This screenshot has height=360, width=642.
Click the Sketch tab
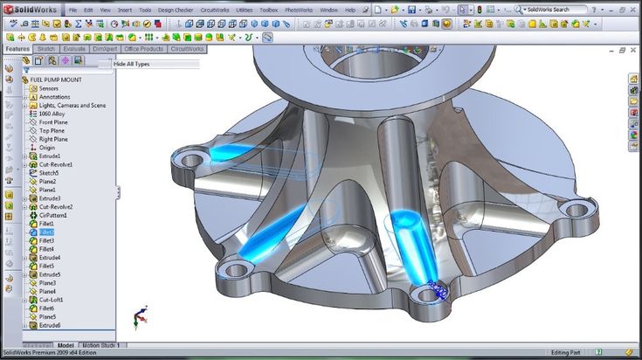pyautogui.click(x=45, y=49)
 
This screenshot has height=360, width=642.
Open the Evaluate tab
pyautogui.click(x=74, y=49)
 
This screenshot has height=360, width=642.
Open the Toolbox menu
pyautogui.click(x=269, y=10)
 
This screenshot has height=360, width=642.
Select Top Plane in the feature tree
pyautogui.click(x=53, y=130)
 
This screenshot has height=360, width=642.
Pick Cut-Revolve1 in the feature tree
pyautogui.click(x=56, y=164)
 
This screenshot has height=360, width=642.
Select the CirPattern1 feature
pyautogui.click(x=53, y=215)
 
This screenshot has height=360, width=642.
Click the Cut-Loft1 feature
pyautogui.click(x=52, y=300)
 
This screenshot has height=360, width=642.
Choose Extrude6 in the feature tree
pyautogui.click(x=50, y=325)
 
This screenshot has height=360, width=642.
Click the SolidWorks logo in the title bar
pyautogui.click(x=30, y=10)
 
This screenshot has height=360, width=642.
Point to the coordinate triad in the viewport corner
pyautogui.click(x=138, y=316)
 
